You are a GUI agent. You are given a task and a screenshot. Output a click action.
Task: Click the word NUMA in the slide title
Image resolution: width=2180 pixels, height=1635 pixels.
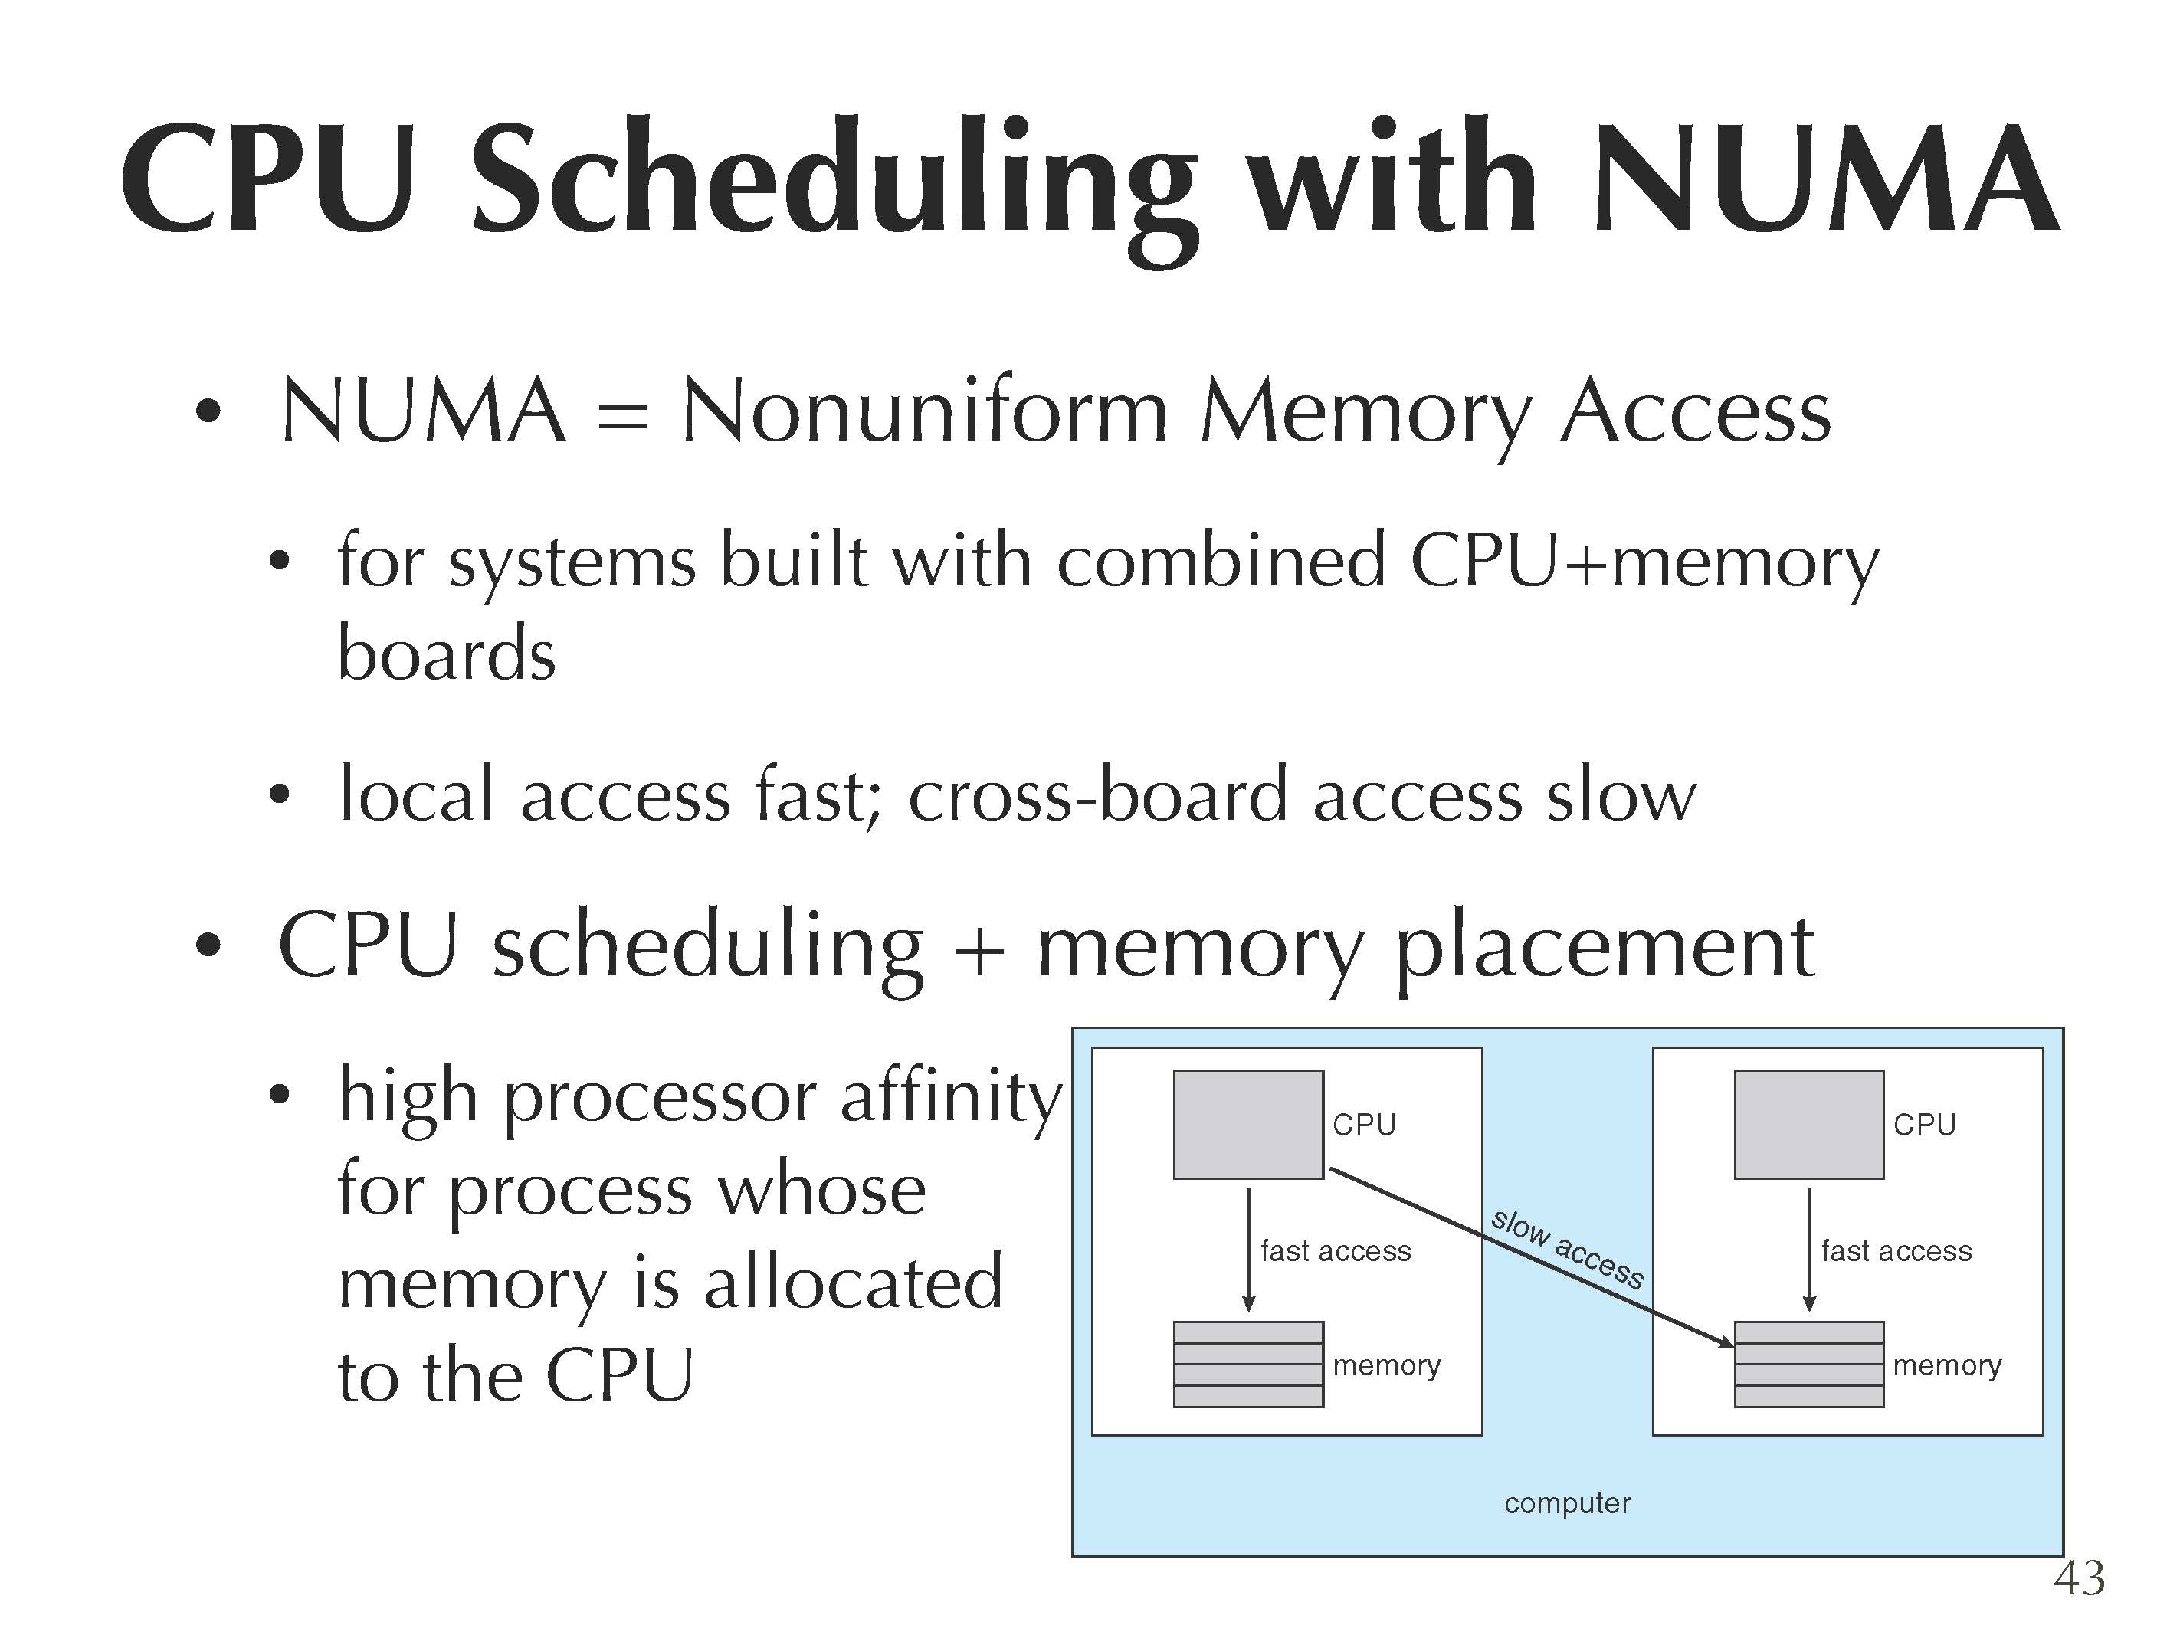(x=1823, y=179)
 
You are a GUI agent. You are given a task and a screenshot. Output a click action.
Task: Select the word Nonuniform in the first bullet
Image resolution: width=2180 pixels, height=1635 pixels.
(x=924, y=412)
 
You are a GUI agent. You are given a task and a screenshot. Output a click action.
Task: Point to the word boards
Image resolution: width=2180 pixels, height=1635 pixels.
(x=447, y=654)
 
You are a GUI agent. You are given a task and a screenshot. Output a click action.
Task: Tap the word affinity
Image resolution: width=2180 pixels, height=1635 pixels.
(x=951, y=1097)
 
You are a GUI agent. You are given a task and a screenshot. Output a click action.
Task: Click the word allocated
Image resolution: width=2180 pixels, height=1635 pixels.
(x=854, y=1283)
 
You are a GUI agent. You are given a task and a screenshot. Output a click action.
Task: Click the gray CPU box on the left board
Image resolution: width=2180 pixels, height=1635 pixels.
(x=1247, y=1125)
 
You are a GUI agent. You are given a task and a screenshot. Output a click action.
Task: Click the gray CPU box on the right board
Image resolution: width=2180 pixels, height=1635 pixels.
(x=1808, y=1125)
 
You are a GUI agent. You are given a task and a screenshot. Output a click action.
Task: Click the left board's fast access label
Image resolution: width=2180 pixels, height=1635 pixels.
(x=1336, y=1252)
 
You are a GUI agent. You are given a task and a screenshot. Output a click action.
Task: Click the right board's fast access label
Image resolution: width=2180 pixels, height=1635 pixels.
(x=1896, y=1252)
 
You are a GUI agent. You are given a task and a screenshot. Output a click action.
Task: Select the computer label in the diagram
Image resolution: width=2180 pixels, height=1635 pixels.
(x=1567, y=1504)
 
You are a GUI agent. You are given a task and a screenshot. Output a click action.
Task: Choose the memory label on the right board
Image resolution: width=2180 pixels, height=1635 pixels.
(x=1947, y=1366)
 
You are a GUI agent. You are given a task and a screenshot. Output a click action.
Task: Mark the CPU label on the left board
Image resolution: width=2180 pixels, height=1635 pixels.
(x=1364, y=1125)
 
